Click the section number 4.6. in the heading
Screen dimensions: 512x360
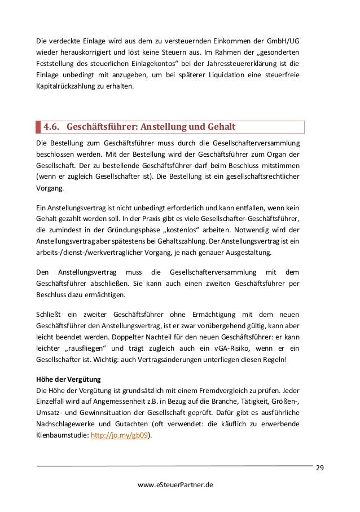[56, 126]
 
